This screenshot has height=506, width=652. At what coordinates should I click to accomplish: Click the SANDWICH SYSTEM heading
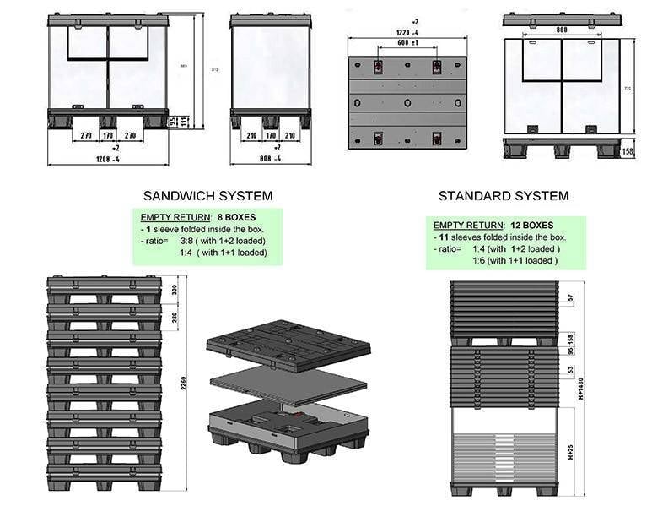(207, 196)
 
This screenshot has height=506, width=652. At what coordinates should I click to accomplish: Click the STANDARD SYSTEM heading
(503, 196)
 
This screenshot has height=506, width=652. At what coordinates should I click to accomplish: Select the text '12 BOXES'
(531, 226)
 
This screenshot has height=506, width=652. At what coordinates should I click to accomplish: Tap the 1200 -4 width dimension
(107, 159)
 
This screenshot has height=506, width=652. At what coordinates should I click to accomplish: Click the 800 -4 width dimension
(271, 159)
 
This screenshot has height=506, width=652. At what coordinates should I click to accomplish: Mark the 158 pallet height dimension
(627, 151)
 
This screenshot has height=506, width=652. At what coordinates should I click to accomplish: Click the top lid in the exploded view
(288, 344)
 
